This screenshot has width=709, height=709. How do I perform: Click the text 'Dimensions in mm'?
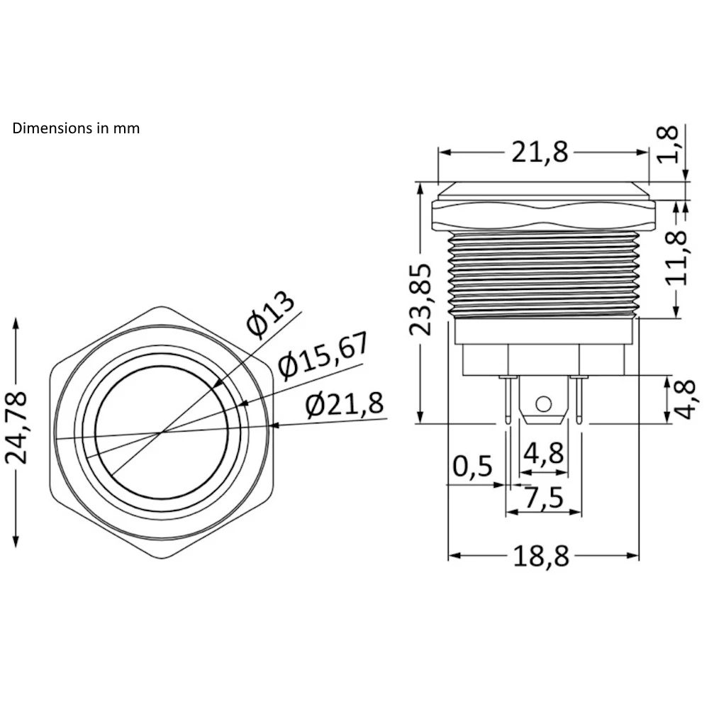[76, 128]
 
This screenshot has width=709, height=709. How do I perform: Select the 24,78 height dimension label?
[16, 428]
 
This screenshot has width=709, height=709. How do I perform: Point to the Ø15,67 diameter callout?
[323, 354]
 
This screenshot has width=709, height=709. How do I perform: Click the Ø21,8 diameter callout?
[345, 405]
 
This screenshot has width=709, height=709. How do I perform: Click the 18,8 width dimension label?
[542, 557]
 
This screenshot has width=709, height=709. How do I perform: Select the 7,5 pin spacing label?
[542, 498]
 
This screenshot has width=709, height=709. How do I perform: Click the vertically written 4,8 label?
[683, 399]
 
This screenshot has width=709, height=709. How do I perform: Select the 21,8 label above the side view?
[540, 152]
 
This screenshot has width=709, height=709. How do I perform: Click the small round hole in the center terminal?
[543, 404]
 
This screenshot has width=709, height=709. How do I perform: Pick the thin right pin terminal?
[581, 401]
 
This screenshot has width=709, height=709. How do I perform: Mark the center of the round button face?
[162, 432]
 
